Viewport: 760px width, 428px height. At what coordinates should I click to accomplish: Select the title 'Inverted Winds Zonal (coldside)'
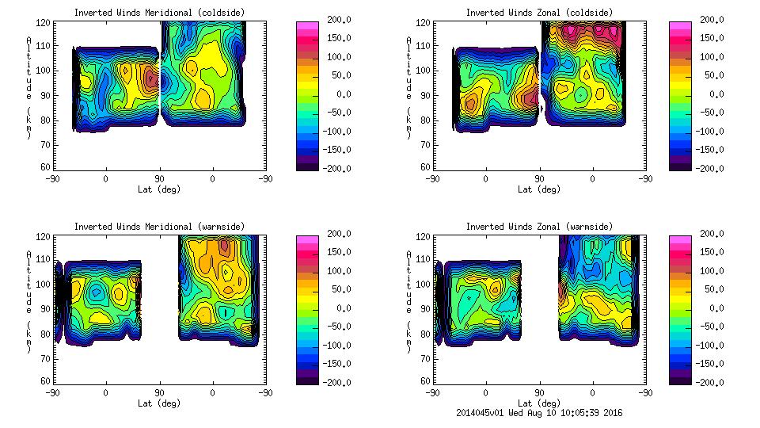(539, 13)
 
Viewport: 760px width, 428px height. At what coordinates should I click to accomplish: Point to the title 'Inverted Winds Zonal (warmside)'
(539, 227)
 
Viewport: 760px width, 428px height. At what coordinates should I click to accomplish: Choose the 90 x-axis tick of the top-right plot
(539, 178)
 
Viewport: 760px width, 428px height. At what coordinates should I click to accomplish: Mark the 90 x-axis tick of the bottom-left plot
(159, 392)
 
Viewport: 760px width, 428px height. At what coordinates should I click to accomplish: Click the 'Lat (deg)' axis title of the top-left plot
(158, 189)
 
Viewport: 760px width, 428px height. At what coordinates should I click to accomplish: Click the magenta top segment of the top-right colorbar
(680, 27)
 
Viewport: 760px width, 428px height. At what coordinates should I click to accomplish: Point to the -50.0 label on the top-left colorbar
(335, 113)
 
